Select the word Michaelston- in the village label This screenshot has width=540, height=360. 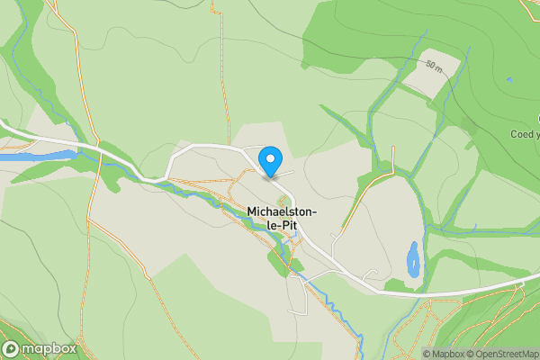tap(283, 212)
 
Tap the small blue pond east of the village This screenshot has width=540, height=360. tap(413, 259)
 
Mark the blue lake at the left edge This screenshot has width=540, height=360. tap(36, 156)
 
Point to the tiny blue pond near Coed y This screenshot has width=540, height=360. tap(509, 80)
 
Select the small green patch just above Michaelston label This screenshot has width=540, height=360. tap(284, 200)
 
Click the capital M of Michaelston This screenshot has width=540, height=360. tap(251, 212)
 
